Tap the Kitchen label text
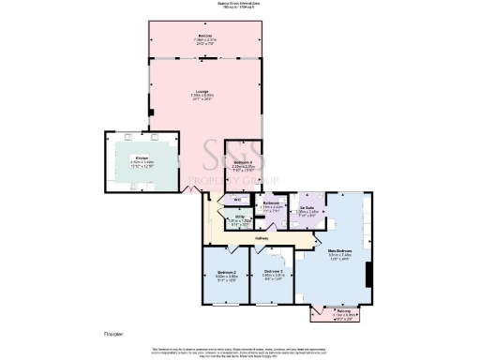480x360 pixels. (142, 157)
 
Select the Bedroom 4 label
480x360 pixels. (242, 163)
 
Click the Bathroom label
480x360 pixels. (273, 203)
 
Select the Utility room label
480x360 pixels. (241, 218)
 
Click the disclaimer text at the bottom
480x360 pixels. (240, 351)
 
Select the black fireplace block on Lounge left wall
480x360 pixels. (150, 112)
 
